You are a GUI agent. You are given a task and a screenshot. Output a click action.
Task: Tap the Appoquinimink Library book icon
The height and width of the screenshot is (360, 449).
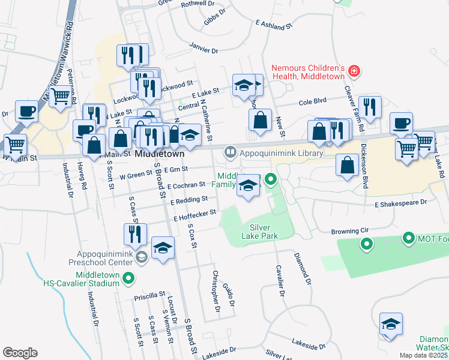[230, 153]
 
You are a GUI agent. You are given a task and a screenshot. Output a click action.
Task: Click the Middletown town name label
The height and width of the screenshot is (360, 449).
[159, 154]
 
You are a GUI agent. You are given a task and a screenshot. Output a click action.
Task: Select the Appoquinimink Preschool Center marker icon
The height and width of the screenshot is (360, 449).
[140, 257]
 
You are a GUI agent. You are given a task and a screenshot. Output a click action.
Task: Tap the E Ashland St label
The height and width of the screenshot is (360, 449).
[273, 25]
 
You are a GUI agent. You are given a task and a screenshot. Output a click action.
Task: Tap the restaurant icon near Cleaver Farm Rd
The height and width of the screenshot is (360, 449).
[370, 107]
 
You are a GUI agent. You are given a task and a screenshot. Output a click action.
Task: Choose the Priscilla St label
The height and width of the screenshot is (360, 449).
[149, 295]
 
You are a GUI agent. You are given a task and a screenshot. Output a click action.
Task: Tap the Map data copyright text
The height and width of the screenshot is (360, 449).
[423, 355]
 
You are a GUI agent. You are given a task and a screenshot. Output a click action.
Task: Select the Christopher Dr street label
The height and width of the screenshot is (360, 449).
[216, 291]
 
